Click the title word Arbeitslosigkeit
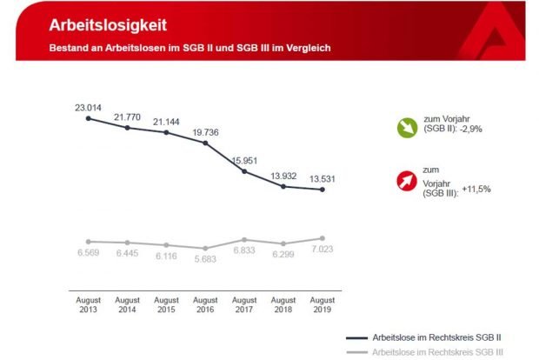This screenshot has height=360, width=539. click(108, 24)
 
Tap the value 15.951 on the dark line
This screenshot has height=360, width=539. click(247, 159)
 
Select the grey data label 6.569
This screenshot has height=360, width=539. click(88, 254)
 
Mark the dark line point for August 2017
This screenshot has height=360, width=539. click(244, 171)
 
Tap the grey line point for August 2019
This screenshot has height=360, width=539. click(323, 237)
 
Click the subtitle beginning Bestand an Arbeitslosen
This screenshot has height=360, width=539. click(190, 46)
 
